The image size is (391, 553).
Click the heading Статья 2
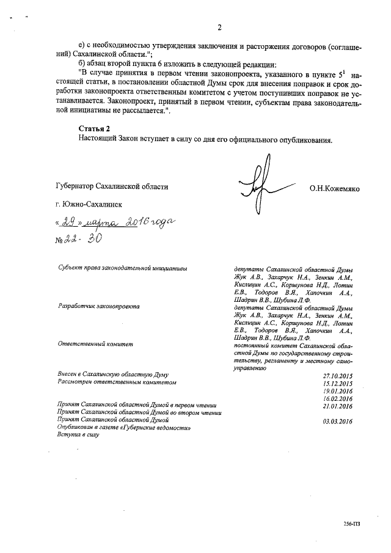[x=94, y=130]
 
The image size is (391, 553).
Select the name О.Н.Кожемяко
[x=334, y=189]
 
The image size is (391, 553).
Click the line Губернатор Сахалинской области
[x=111, y=187]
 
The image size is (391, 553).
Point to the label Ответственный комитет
[x=95, y=345]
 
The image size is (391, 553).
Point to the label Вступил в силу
[x=78, y=435]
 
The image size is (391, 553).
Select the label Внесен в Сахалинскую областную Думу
[x=113, y=374]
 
